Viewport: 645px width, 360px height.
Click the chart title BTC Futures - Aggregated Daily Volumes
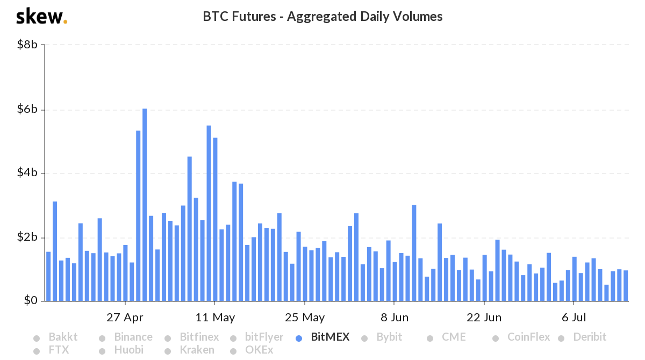pos(322,17)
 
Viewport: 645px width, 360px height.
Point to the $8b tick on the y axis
pos(27,45)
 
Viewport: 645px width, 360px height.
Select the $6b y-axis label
pos(27,110)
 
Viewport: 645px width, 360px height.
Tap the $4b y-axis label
pos(27,174)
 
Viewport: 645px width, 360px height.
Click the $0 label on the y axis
pos(30,301)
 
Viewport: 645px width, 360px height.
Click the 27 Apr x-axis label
pos(125,318)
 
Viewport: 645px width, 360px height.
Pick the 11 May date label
pos(215,318)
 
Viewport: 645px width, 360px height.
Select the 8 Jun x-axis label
pos(393,318)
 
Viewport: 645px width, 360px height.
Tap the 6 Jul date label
pos(574,318)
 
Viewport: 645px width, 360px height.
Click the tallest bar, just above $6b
pos(145,205)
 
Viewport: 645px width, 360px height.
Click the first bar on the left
pos(48,276)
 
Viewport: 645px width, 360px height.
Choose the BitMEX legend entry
pos(330,337)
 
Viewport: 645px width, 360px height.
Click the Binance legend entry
pos(133,337)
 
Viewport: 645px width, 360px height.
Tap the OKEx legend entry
pos(259,350)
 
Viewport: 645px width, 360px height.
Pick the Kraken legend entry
pos(197,350)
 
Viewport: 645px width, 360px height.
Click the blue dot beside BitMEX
pos(299,338)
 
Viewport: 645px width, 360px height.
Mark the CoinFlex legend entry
pos(528,337)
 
